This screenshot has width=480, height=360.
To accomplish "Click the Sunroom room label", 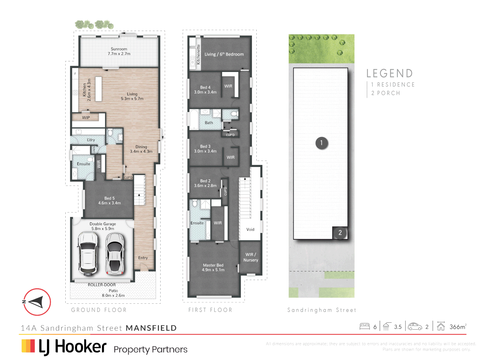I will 119,51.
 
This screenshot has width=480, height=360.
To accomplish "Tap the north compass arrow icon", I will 37,302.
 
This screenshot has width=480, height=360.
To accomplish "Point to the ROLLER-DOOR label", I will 102,285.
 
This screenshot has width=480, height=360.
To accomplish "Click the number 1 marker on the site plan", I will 322,143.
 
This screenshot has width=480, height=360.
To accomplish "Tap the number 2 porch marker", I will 340,233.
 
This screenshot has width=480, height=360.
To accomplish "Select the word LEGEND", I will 390,73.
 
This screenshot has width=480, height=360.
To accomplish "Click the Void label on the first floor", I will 250,229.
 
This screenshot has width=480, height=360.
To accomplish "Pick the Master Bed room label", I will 213,268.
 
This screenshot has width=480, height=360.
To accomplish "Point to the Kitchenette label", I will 198,55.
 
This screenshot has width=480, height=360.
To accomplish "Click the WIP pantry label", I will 86,118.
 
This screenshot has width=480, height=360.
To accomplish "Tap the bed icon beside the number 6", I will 365,326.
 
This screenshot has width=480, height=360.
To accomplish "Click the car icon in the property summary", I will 415,326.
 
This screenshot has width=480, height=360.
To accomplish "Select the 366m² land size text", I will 458,327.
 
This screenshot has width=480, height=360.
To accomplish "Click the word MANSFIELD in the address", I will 151,328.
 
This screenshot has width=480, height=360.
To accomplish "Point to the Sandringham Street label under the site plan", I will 322,310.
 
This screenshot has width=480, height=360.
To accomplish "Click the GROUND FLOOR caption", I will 99,310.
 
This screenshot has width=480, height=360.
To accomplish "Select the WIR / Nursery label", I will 251,257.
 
